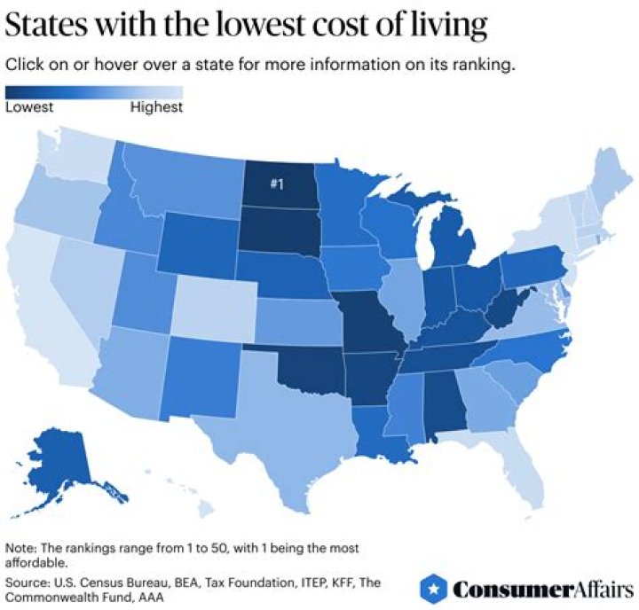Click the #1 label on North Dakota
pyautogui.click(x=277, y=184)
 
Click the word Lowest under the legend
pyautogui.click(x=29, y=107)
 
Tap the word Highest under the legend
pyautogui.click(x=156, y=107)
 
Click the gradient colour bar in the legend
pyautogui.click(x=94, y=91)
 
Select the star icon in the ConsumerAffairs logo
pyautogui.click(x=432, y=588)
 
